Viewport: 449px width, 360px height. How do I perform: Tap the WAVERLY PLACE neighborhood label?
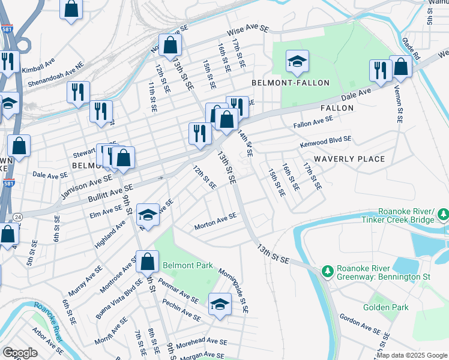point(349,159)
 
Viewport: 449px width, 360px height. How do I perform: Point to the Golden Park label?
point(385,307)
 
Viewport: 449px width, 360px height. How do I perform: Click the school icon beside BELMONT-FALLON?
point(296,62)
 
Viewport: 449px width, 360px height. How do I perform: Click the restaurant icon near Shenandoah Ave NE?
point(78,92)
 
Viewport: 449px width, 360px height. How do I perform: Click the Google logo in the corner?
point(20,352)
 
